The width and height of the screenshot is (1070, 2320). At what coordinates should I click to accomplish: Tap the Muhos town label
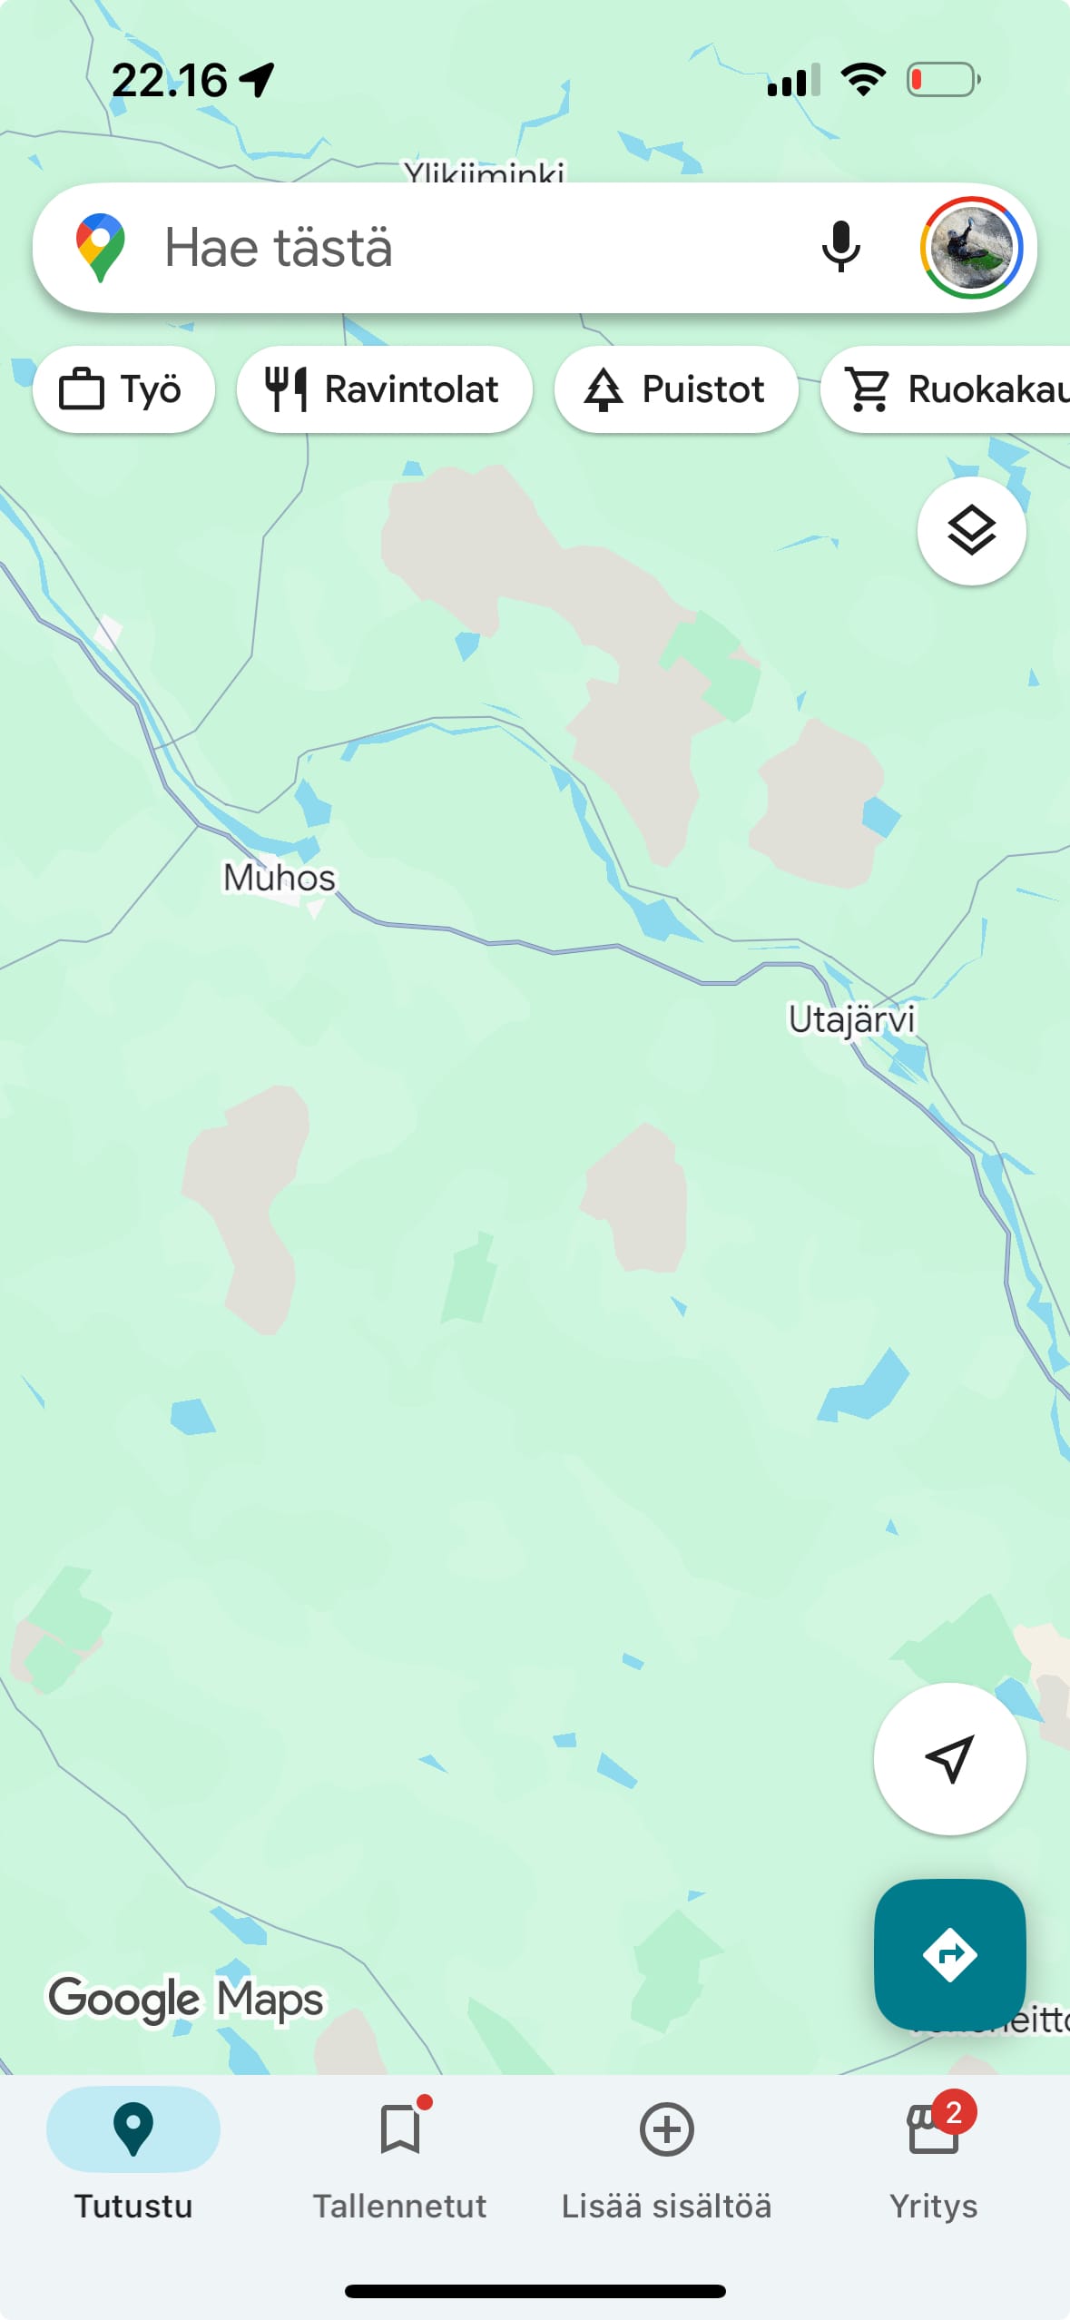pyautogui.click(x=280, y=878)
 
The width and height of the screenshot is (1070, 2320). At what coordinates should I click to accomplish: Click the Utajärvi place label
pyautogui.click(x=850, y=1019)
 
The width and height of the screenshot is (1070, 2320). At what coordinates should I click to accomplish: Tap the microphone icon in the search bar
pyautogui.click(x=840, y=247)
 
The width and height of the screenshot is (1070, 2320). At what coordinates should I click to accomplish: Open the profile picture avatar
pyautogui.click(x=970, y=248)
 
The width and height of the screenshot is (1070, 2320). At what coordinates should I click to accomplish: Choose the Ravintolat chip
pyautogui.click(x=384, y=389)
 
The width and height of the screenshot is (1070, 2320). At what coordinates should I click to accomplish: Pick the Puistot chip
pyautogui.click(x=676, y=389)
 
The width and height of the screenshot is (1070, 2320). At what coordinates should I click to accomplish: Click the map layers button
pyautogui.click(x=971, y=531)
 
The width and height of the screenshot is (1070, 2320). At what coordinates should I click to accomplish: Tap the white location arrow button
pyautogui.click(x=949, y=1759)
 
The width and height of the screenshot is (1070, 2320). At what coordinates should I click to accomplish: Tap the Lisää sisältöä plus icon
pyautogui.click(x=667, y=2129)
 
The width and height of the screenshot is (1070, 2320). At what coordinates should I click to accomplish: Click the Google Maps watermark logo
pyautogui.click(x=186, y=1999)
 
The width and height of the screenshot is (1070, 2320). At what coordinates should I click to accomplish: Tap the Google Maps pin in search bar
pyautogui.click(x=101, y=247)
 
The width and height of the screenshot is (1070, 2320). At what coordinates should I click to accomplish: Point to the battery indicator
pyautogui.click(x=944, y=80)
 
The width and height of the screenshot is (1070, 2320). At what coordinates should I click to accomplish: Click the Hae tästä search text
pyautogui.click(x=279, y=248)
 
